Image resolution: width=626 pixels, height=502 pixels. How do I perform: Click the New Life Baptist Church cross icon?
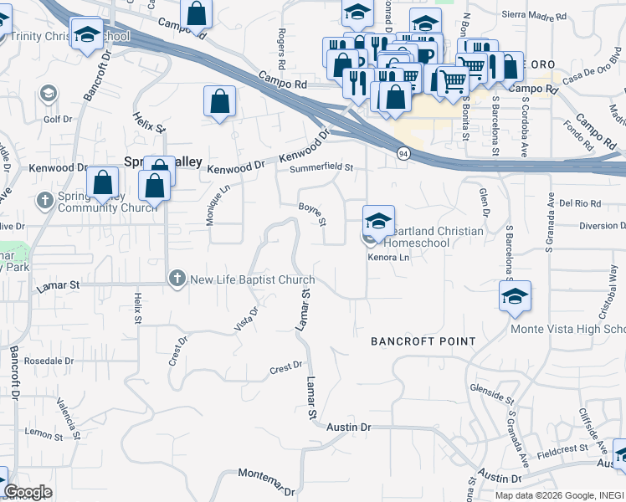point(177,279)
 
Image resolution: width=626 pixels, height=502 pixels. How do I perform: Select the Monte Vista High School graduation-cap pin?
point(515,295)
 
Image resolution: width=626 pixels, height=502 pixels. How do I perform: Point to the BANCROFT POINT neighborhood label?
point(423,341)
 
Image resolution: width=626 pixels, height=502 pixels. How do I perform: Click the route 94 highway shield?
point(403,154)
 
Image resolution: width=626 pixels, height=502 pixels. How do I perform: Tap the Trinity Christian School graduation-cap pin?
point(86,35)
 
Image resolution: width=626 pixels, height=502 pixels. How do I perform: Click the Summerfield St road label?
point(322,168)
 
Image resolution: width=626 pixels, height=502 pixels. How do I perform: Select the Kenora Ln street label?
point(389,258)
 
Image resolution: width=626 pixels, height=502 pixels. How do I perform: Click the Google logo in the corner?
point(28,492)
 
